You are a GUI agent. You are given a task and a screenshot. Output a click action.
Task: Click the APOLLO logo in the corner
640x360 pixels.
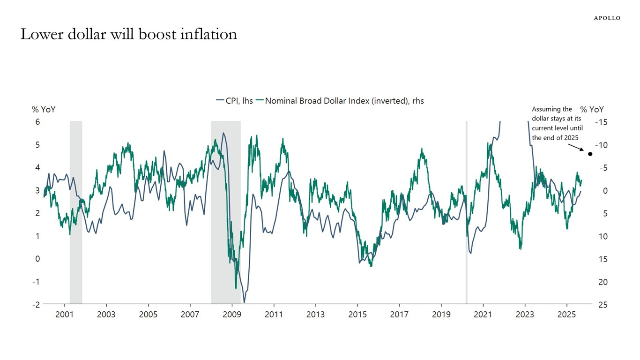click(x=607, y=18)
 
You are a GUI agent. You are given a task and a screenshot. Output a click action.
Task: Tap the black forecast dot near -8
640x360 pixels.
click(x=590, y=154)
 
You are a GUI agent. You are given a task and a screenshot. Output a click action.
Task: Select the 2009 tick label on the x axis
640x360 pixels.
click(x=232, y=314)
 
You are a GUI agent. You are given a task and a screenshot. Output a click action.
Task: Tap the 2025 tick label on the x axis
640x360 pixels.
click(x=566, y=314)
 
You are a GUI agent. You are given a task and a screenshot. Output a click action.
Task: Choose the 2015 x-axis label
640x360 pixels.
click(x=357, y=314)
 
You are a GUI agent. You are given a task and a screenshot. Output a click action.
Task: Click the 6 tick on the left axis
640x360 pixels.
click(x=37, y=122)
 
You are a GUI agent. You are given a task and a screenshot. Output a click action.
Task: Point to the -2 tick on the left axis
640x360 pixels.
click(x=36, y=305)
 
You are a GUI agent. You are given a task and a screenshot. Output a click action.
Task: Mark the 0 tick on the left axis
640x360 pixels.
click(x=37, y=259)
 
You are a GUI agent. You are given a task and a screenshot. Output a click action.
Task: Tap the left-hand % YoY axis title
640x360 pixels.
click(x=42, y=110)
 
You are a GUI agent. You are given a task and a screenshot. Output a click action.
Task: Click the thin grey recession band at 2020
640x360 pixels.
click(x=466, y=211)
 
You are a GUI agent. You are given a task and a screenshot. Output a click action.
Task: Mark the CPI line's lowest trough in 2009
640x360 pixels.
click(x=244, y=302)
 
